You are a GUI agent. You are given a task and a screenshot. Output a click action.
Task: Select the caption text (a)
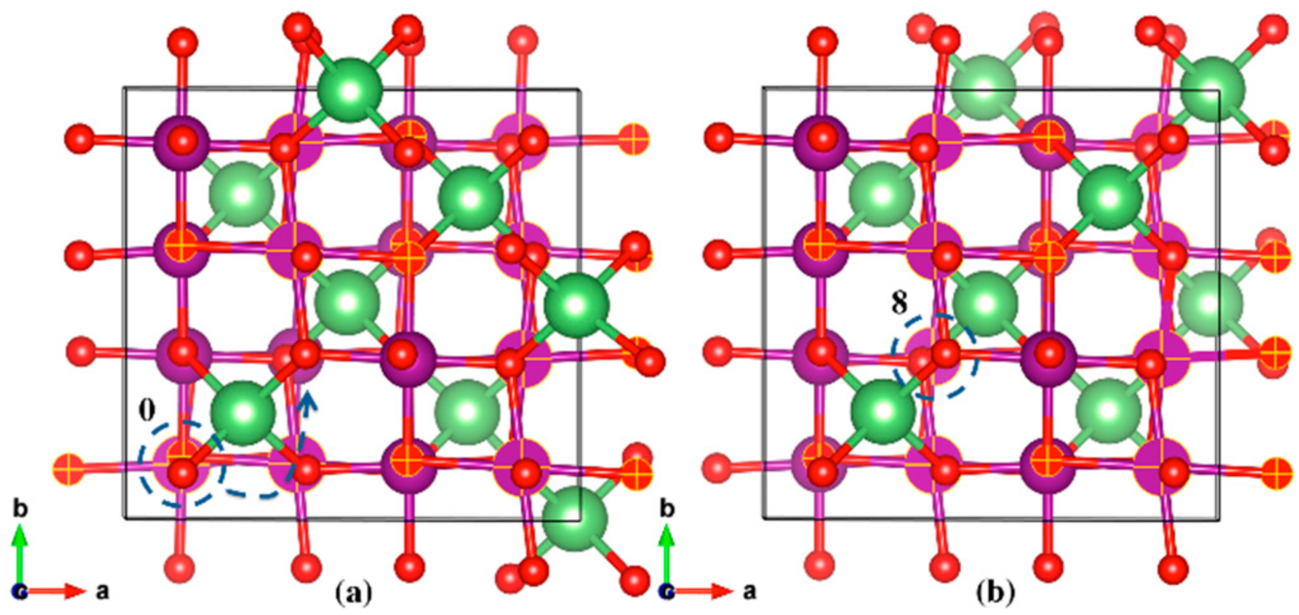(x=353, y=593)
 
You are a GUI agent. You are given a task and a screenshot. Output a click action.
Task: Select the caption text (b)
(x=995, y=593)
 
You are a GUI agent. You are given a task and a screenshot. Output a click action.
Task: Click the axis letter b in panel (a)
(x=20, y=509)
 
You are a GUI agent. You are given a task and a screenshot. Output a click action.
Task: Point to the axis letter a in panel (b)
(x=749, y=591)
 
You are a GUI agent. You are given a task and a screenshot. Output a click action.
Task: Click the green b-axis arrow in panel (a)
(x=20, y=550)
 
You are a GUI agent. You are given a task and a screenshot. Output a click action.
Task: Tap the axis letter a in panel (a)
(x=102, y=591)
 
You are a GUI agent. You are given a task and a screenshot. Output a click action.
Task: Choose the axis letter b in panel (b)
(x=667, y=509)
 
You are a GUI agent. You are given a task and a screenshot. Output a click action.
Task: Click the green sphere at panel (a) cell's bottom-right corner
(x=575, y=517)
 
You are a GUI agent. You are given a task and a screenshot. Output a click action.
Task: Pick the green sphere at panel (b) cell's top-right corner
(x=1213, y=88)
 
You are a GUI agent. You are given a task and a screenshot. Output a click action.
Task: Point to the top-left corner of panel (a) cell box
(x=123, y=88)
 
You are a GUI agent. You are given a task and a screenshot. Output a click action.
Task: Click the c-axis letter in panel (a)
(x=19, y=592)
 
